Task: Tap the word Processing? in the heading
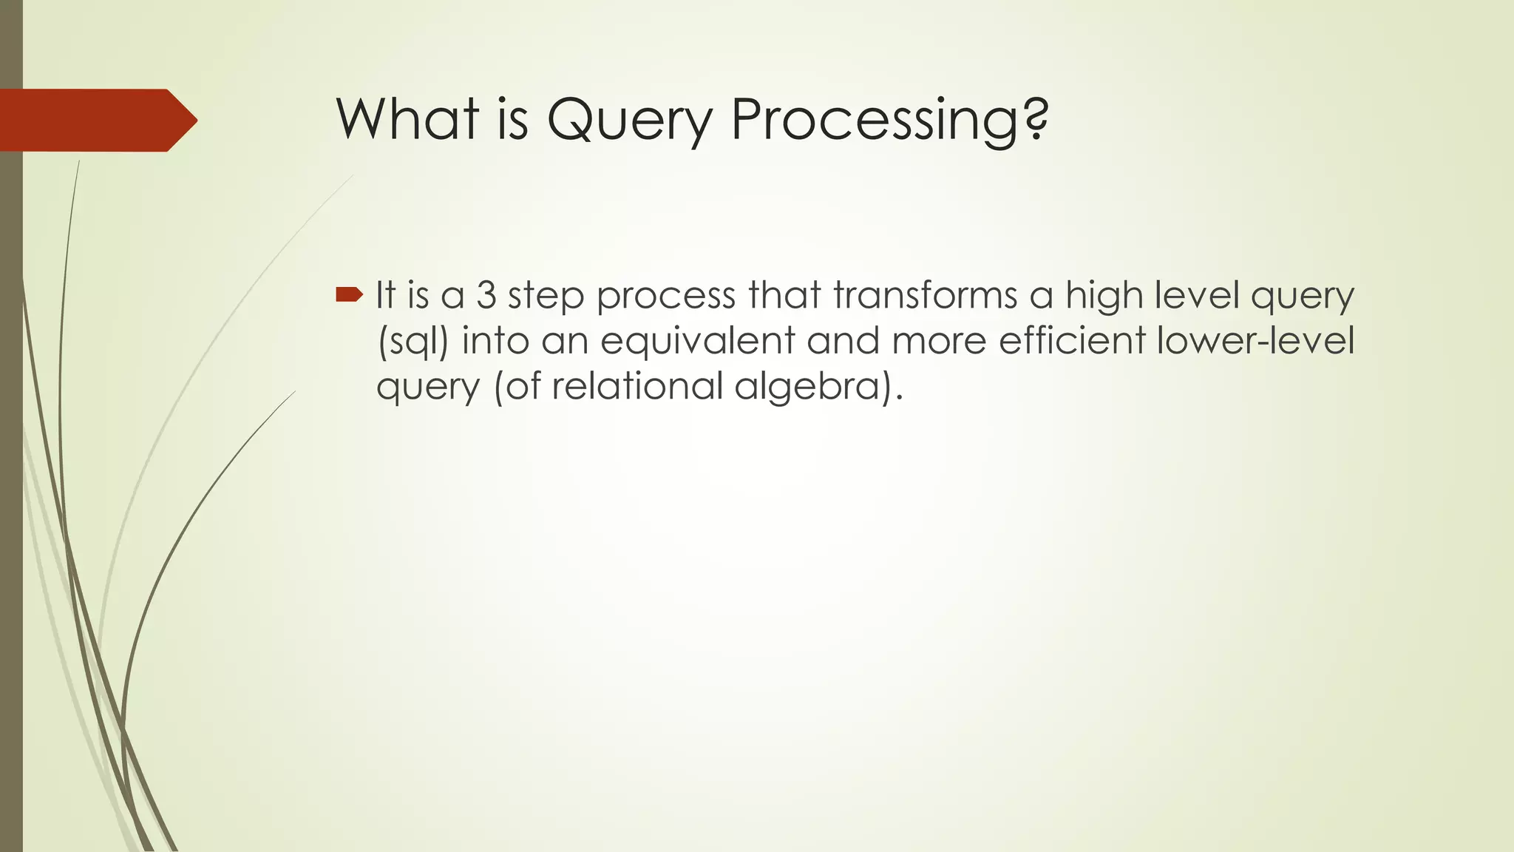point(889,120)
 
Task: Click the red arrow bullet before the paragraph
point(349,296)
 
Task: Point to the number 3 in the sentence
point(486,295)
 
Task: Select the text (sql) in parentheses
point(413,342)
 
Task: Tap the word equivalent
point(697,341)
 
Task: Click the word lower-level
point(1255,341)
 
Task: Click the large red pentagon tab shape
point(96,121)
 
